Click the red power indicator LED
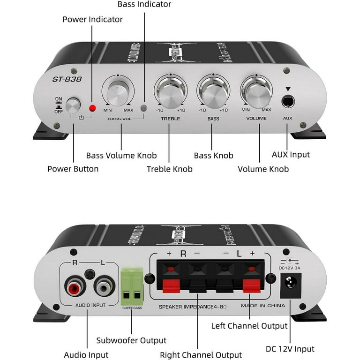click(x=92, y=108)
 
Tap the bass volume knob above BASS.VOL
click(x=118, y=92)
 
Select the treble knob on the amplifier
click(x=170, y=92)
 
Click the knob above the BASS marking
click(x=213, y=92)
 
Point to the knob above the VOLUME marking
click(x=257, y=92)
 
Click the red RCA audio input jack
click(x=74, y=285)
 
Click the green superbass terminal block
click(x=132, y=286)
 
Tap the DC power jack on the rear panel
click(x=289, y=286)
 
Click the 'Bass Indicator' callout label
click(x=144, y=4)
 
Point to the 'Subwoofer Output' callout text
click(x=131, y=340)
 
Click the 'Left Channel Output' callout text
click(x=249, y=325)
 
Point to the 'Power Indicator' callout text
click(x=93, y=19)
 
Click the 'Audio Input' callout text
click(x=86, y=355)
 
